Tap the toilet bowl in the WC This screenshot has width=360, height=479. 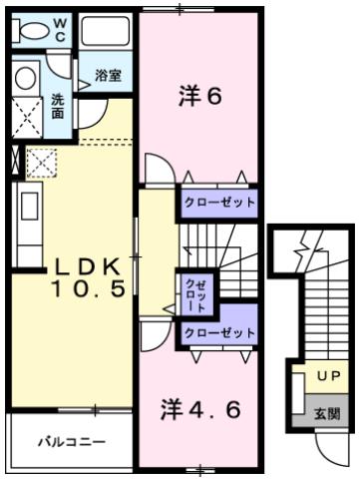[32, 30]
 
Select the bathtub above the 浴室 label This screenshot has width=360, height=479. [108, 31]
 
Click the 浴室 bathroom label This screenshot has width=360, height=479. [108, 76]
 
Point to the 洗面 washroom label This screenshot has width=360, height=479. [57, 105]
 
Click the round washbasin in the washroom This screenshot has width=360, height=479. [26, 79]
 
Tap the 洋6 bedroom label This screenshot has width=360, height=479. [199, 97]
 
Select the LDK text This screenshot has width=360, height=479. [88, 267]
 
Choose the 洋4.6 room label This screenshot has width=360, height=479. [200, 408]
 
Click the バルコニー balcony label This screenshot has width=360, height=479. [71, 440]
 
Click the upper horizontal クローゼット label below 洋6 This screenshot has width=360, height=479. [218, 202]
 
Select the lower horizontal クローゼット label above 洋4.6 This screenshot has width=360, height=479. [218, 333]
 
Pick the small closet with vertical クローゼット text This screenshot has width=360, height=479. [191, 294]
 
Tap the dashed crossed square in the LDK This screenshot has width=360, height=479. [41, 161]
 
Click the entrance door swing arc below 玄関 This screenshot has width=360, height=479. [330, 445]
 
